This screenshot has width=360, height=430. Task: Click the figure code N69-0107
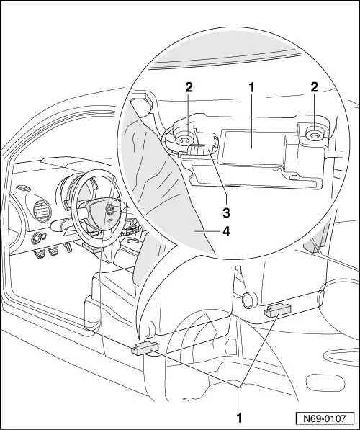pyautogui.click(x=328, y=417)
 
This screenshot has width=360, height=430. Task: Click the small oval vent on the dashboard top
pyautogui.click(x=26, y=189)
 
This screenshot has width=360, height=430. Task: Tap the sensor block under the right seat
pyautogui.click(x=277, y=310)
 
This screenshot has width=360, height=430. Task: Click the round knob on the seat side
pyautogui.click(x=249, y=297)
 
